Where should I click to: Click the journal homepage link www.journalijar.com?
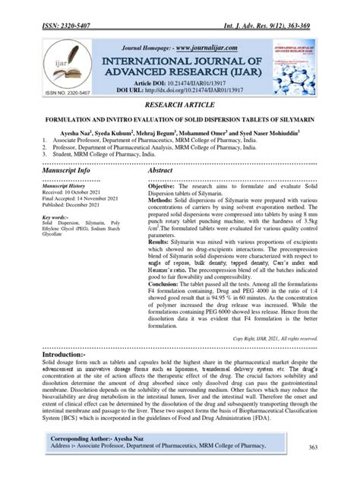tap(201, 41)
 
